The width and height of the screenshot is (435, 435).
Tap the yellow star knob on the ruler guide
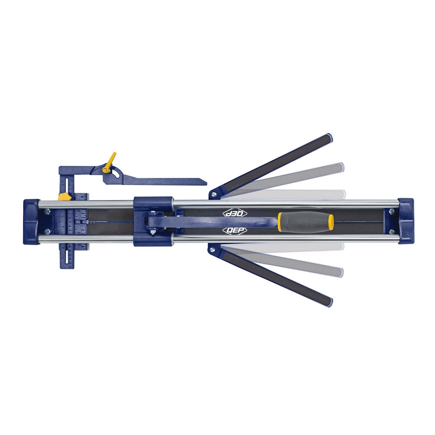point(63,196)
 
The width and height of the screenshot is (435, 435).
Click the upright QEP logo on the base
point(235,230)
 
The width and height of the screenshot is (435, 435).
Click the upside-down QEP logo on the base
point(235,213)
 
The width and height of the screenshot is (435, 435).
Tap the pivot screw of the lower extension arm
point(214,249)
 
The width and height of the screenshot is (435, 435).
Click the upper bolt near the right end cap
point(391,211)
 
